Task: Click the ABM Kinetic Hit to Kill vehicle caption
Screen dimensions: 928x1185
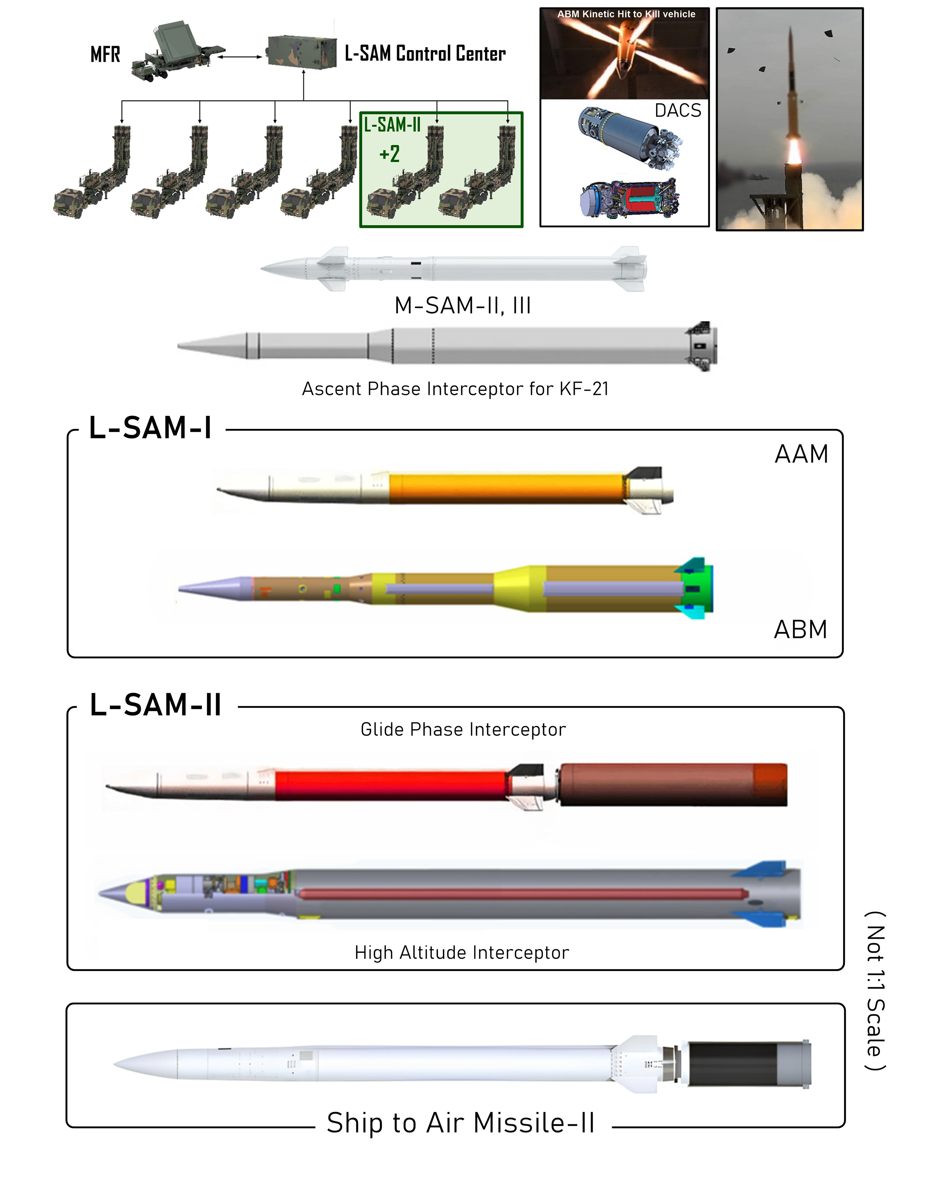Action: (626, 14)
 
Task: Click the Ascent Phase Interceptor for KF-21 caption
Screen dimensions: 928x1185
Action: (455, 389)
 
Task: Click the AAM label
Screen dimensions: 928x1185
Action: (801, 454)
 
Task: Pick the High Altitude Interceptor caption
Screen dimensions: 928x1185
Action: (462, 952)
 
